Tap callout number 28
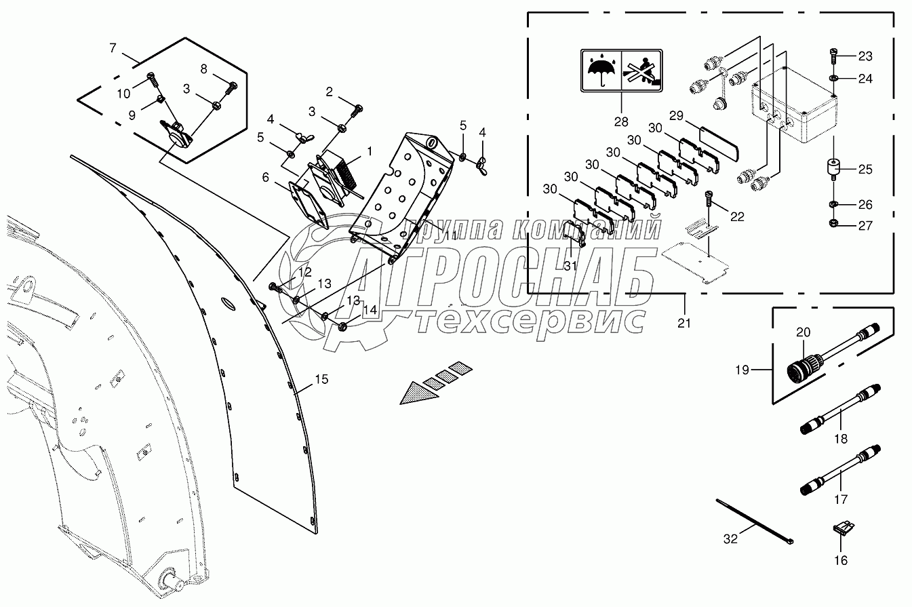621,122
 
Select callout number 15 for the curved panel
321,379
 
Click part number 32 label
730,539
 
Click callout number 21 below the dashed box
684,323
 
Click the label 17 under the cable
841,499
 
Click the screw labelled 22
709,199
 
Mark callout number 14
369,309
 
